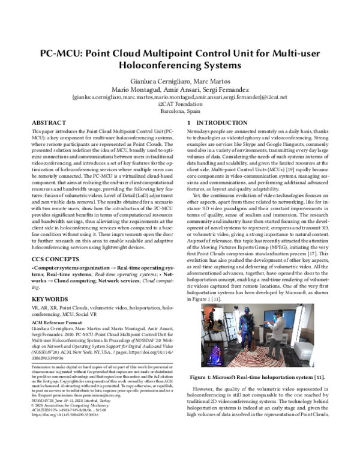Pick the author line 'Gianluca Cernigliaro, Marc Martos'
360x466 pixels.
click(x=179, y=80)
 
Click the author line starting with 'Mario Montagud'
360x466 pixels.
click(x=179, y=89)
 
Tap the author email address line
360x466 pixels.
click(x=179, y=97)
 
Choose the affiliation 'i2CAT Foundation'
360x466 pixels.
click(x=179, y=103)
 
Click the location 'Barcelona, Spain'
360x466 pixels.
click(x=179, y=110)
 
